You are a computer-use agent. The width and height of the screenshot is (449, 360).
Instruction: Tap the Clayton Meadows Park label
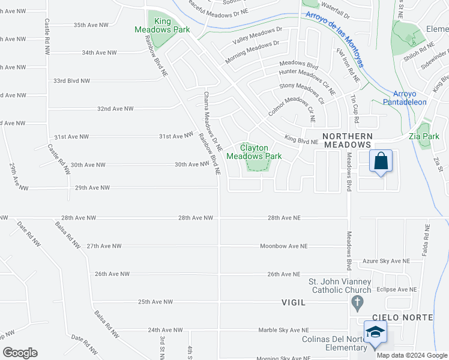254,152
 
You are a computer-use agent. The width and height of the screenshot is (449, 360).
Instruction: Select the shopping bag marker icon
381,161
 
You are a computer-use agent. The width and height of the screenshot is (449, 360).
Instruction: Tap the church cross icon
357,303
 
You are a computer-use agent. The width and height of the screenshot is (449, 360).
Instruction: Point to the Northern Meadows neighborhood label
348,140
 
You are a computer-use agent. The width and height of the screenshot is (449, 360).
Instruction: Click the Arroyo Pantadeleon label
405,98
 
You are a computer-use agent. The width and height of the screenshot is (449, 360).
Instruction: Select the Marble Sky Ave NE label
283,330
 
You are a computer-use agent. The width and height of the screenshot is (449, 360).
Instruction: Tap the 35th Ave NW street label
91,25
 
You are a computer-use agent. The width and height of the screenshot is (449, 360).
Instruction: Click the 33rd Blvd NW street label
71,80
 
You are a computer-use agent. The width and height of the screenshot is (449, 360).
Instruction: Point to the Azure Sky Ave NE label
385,262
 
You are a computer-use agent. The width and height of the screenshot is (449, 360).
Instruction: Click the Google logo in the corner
20,353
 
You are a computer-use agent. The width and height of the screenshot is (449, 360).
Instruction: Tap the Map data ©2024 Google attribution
411,355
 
